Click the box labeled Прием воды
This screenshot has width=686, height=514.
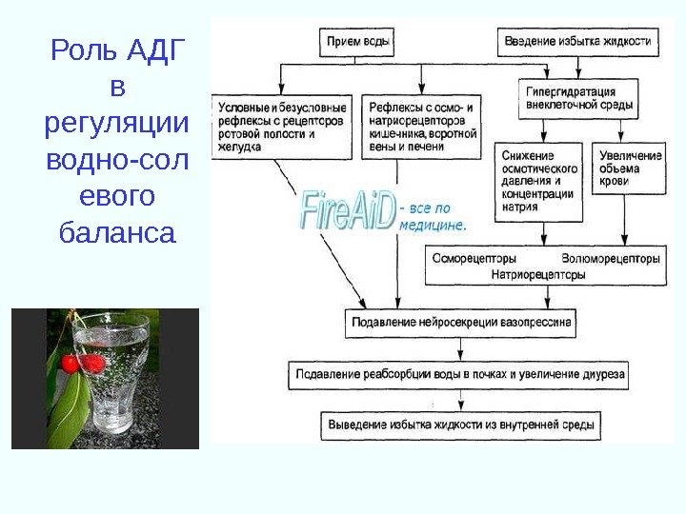(357, 43)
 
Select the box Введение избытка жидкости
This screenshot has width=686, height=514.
(577, 43)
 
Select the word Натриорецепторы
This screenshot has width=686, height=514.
(538, 274)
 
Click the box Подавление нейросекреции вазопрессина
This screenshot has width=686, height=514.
(461, 323)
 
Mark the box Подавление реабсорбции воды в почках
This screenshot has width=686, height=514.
(459, 375)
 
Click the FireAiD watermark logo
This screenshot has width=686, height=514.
(348, 211)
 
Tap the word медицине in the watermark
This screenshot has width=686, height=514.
(434, 227)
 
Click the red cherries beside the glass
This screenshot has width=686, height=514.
(81, 363)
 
